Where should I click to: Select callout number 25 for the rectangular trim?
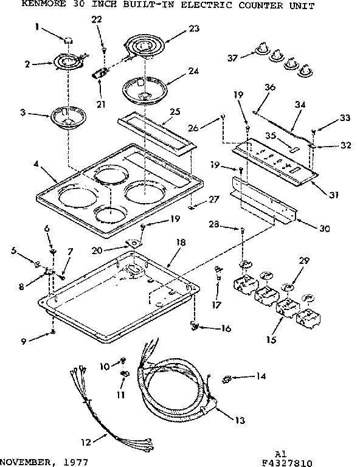tap(175, 111)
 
